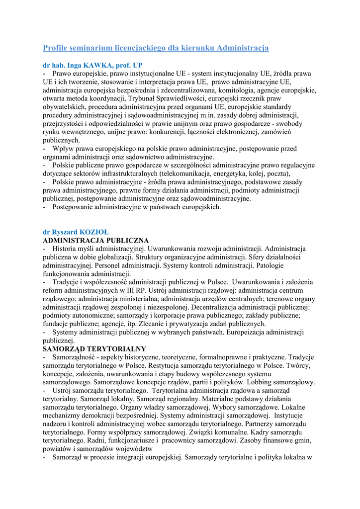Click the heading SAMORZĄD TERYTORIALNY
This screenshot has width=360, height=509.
(x=94, y=349)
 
